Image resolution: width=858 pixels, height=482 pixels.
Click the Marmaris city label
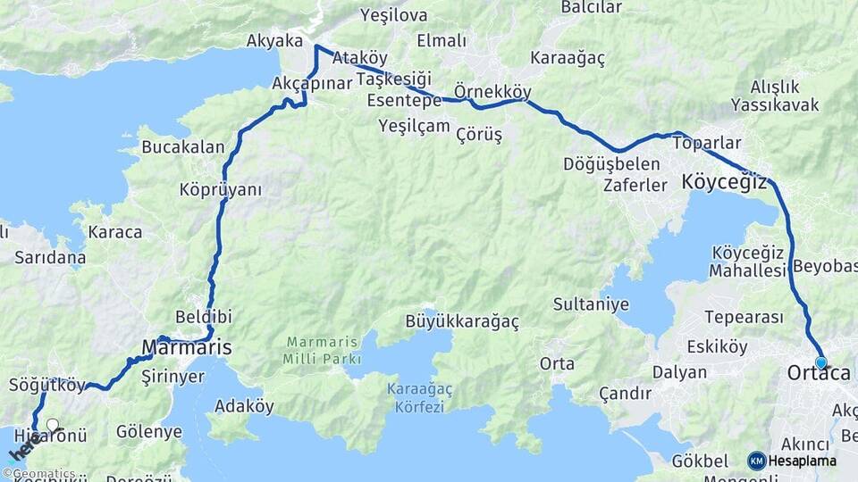(187, 345)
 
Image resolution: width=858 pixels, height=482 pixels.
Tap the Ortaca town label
(818, 374)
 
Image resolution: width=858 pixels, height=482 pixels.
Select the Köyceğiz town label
(724, 181)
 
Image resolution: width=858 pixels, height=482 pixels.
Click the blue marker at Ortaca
(821, 362)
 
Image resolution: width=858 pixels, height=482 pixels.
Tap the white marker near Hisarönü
(53, 425)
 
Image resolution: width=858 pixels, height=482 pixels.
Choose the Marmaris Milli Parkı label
(324, 351)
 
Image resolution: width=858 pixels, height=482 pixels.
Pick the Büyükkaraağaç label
(462, 320)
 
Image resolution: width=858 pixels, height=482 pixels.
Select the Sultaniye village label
(591, 304)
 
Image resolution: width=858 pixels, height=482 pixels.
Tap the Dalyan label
(679, 372)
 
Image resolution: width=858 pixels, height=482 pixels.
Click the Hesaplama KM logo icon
(757, 461)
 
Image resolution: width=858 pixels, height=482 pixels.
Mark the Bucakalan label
(183, 147)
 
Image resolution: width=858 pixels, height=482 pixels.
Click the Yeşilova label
(393, 15)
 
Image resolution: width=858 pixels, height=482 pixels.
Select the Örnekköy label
(492, 92)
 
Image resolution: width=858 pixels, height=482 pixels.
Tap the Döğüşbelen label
(612, 164)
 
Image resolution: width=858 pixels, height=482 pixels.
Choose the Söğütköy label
(46, 386)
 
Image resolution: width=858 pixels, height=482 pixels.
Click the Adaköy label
(244, 406)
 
